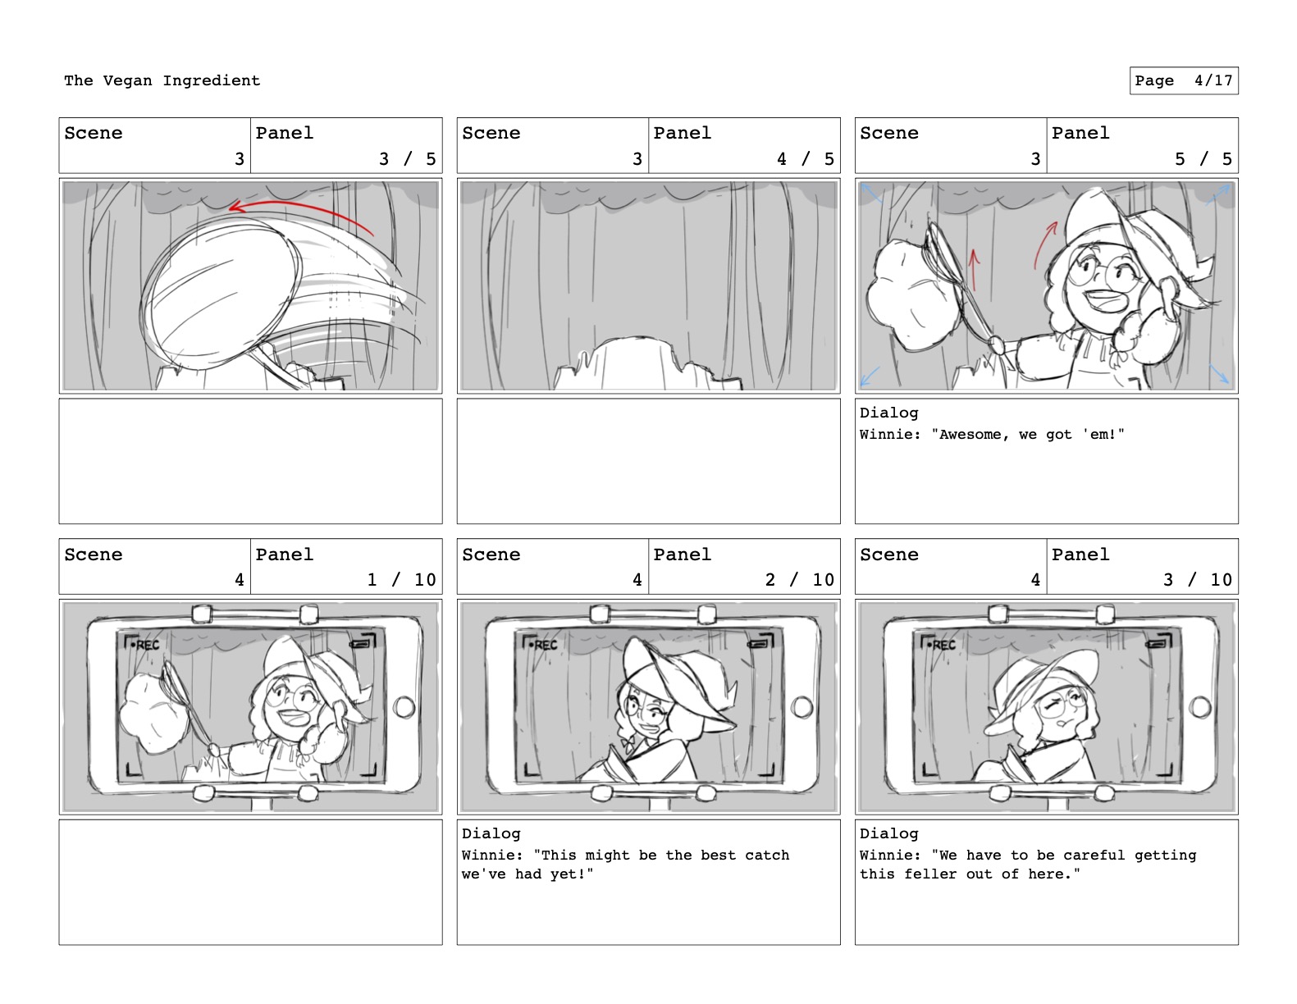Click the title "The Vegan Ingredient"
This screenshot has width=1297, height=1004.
162,80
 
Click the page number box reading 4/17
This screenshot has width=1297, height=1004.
1184,80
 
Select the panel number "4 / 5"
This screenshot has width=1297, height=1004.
805,158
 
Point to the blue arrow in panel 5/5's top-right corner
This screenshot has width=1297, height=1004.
1218,194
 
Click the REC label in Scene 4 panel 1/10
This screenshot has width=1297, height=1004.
147,645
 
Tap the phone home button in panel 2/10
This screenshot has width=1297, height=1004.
801,707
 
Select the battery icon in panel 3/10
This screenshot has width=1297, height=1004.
1155,644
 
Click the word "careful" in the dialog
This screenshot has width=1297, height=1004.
1094,856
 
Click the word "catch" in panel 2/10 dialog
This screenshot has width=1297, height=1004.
767,856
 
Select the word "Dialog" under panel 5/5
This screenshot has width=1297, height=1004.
888,413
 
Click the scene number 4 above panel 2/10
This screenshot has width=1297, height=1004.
637,579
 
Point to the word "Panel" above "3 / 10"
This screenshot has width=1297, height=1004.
1080,554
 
